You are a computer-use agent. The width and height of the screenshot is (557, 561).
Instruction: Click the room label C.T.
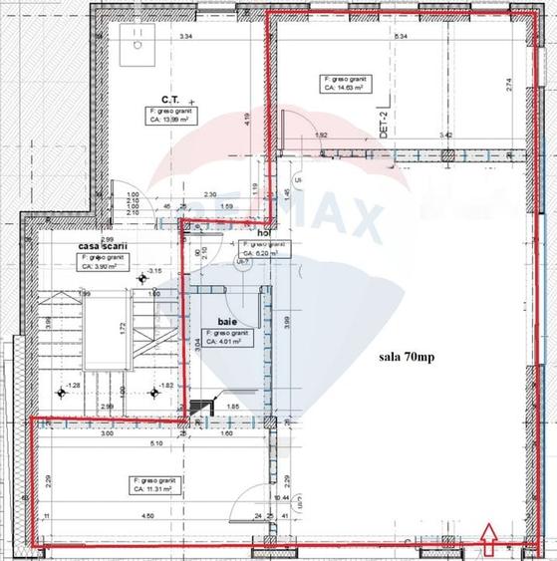point(167,100)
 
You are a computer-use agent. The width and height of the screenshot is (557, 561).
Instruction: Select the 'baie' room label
point(227,323)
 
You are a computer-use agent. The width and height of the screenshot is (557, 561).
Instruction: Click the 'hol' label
point(264,233)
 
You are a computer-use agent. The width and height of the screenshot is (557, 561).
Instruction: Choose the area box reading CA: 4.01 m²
point(230,340)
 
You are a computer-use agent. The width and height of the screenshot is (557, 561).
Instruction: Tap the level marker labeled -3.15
point(152,271)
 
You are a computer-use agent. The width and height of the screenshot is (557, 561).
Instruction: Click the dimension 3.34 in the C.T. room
point(184,37)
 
